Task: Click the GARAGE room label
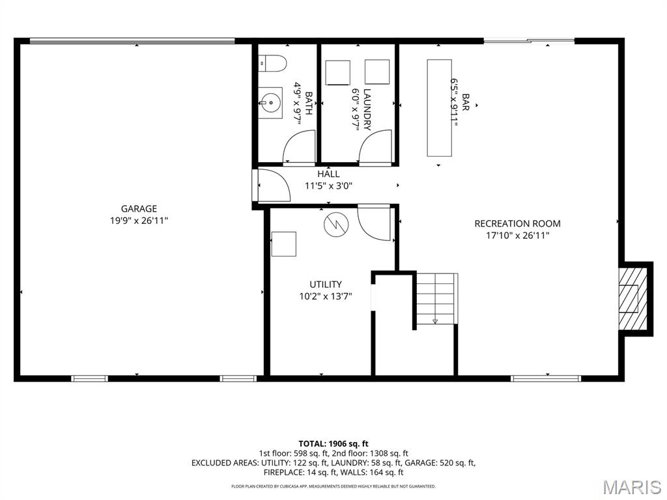click(139, 208)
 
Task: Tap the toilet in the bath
click(273, 63)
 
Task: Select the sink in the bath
click(270, 103)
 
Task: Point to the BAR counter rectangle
click(440, 108)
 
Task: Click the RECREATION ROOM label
click(517, 223)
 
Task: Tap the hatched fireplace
click(632, 298)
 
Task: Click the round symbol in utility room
click(336, 224)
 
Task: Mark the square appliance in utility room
click(284, 244)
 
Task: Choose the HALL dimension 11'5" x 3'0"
click(328, 186)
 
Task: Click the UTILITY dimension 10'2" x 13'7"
click(326, 296)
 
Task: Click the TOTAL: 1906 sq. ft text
click(333, 444)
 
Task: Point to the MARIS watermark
click(631, 487)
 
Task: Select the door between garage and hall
click(274, 186)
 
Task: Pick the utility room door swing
click(374, 223)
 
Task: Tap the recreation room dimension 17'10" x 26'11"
click(518, 235)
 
